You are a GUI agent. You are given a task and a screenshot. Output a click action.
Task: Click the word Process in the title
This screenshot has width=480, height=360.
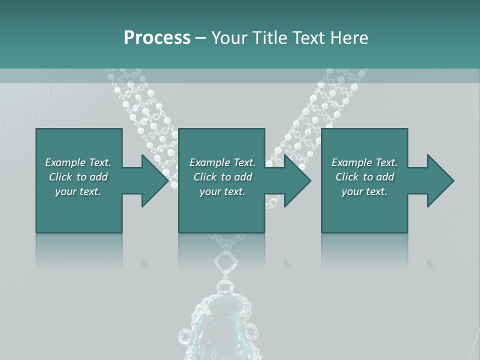tap(157, 37)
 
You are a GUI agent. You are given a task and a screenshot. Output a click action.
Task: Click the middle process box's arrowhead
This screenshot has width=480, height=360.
tap(297, 180)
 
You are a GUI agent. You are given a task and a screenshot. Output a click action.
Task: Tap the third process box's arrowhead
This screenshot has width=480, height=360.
tap(440, 180)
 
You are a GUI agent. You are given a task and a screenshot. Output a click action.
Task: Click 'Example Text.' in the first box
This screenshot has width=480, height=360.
tap(78, 162)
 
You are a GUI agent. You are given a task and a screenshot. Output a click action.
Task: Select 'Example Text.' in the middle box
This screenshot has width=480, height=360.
tap(222, 162)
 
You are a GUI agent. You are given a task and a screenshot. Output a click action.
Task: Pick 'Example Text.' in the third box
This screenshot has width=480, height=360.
tap(364, 162)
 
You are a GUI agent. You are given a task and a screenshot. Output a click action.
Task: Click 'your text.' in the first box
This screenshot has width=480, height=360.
tap(78, 191)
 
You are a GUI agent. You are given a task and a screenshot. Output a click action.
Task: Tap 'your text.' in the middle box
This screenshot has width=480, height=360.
tap(222, 191)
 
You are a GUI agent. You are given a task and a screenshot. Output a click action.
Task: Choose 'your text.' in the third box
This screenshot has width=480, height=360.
tap(364, 191)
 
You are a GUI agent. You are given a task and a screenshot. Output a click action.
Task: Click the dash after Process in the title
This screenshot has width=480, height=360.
tap(200, 38)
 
